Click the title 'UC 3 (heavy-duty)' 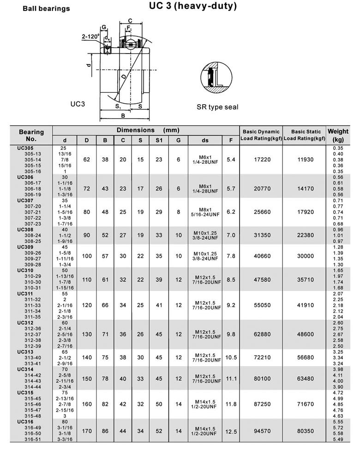(x=193, y=6)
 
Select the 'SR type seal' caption (x=217, y=107)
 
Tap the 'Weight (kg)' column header (x=338, y=135)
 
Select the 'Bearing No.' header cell (x=31, y=135)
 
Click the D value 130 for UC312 (x=87, y=334)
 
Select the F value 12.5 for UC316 (x=231, y=432)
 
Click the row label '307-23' (x=33, y=224)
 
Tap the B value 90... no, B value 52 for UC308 (x=105, y=235)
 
